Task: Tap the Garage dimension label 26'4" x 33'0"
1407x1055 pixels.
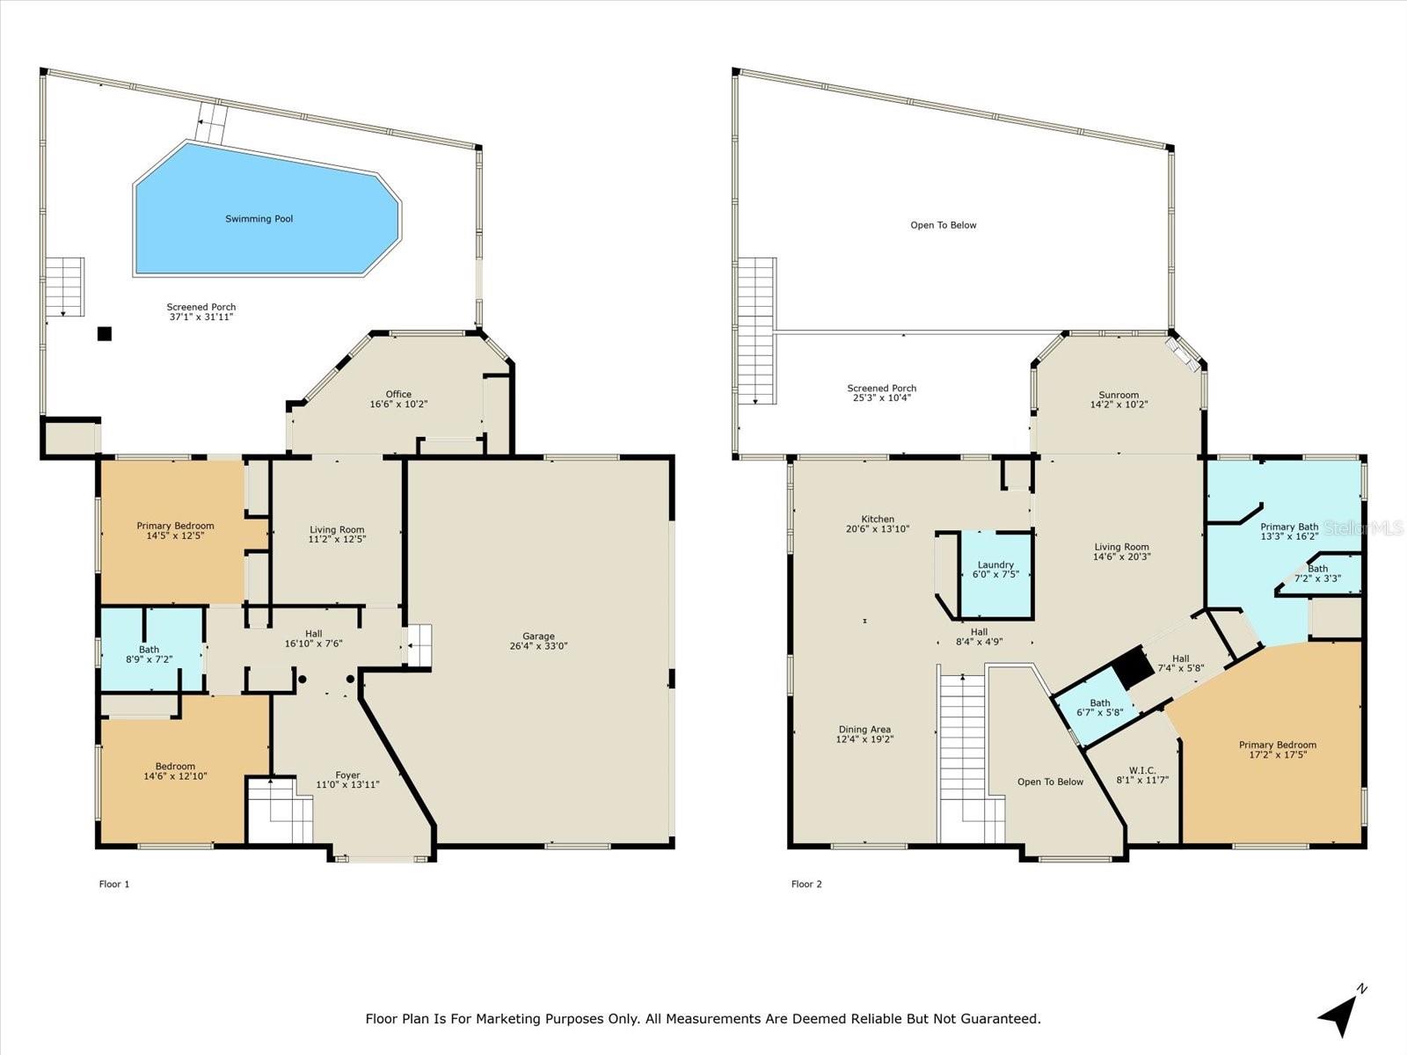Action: (538, 645)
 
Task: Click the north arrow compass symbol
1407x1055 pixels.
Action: (1340, 1014)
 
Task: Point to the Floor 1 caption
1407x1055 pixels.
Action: (114, 884)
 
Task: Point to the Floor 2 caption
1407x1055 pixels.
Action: (806, 884)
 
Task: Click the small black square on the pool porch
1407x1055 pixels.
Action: (105, 333)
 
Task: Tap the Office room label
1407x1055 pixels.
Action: (398, 395)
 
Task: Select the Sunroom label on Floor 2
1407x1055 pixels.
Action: (1119, 396)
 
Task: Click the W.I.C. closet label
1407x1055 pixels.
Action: (1141, 770)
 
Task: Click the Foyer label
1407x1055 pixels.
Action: (347, 775)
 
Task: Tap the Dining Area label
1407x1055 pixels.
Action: (864, 730)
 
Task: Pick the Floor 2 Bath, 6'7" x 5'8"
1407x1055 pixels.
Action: (1099, 707)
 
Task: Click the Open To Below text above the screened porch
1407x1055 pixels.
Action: (943, 225)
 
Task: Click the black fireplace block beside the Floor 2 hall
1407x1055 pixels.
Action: (1134, 670)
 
